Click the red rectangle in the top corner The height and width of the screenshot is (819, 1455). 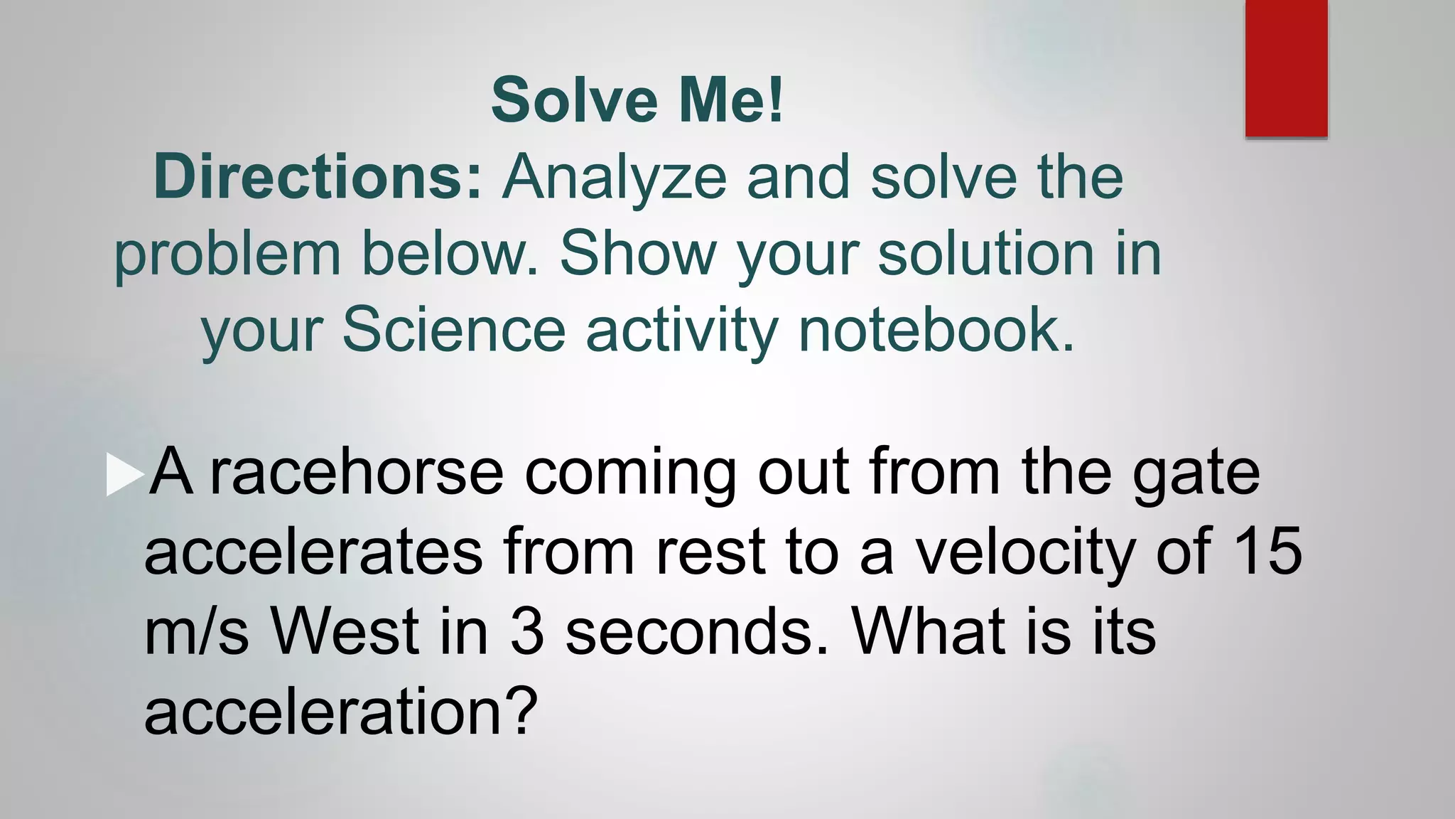click(x=1286, y=68)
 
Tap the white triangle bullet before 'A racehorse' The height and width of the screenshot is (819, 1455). click(x=124, y=476)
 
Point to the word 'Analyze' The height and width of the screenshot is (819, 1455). click(x=614, y=178)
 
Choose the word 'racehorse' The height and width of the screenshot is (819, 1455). click(x=357, y=472)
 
